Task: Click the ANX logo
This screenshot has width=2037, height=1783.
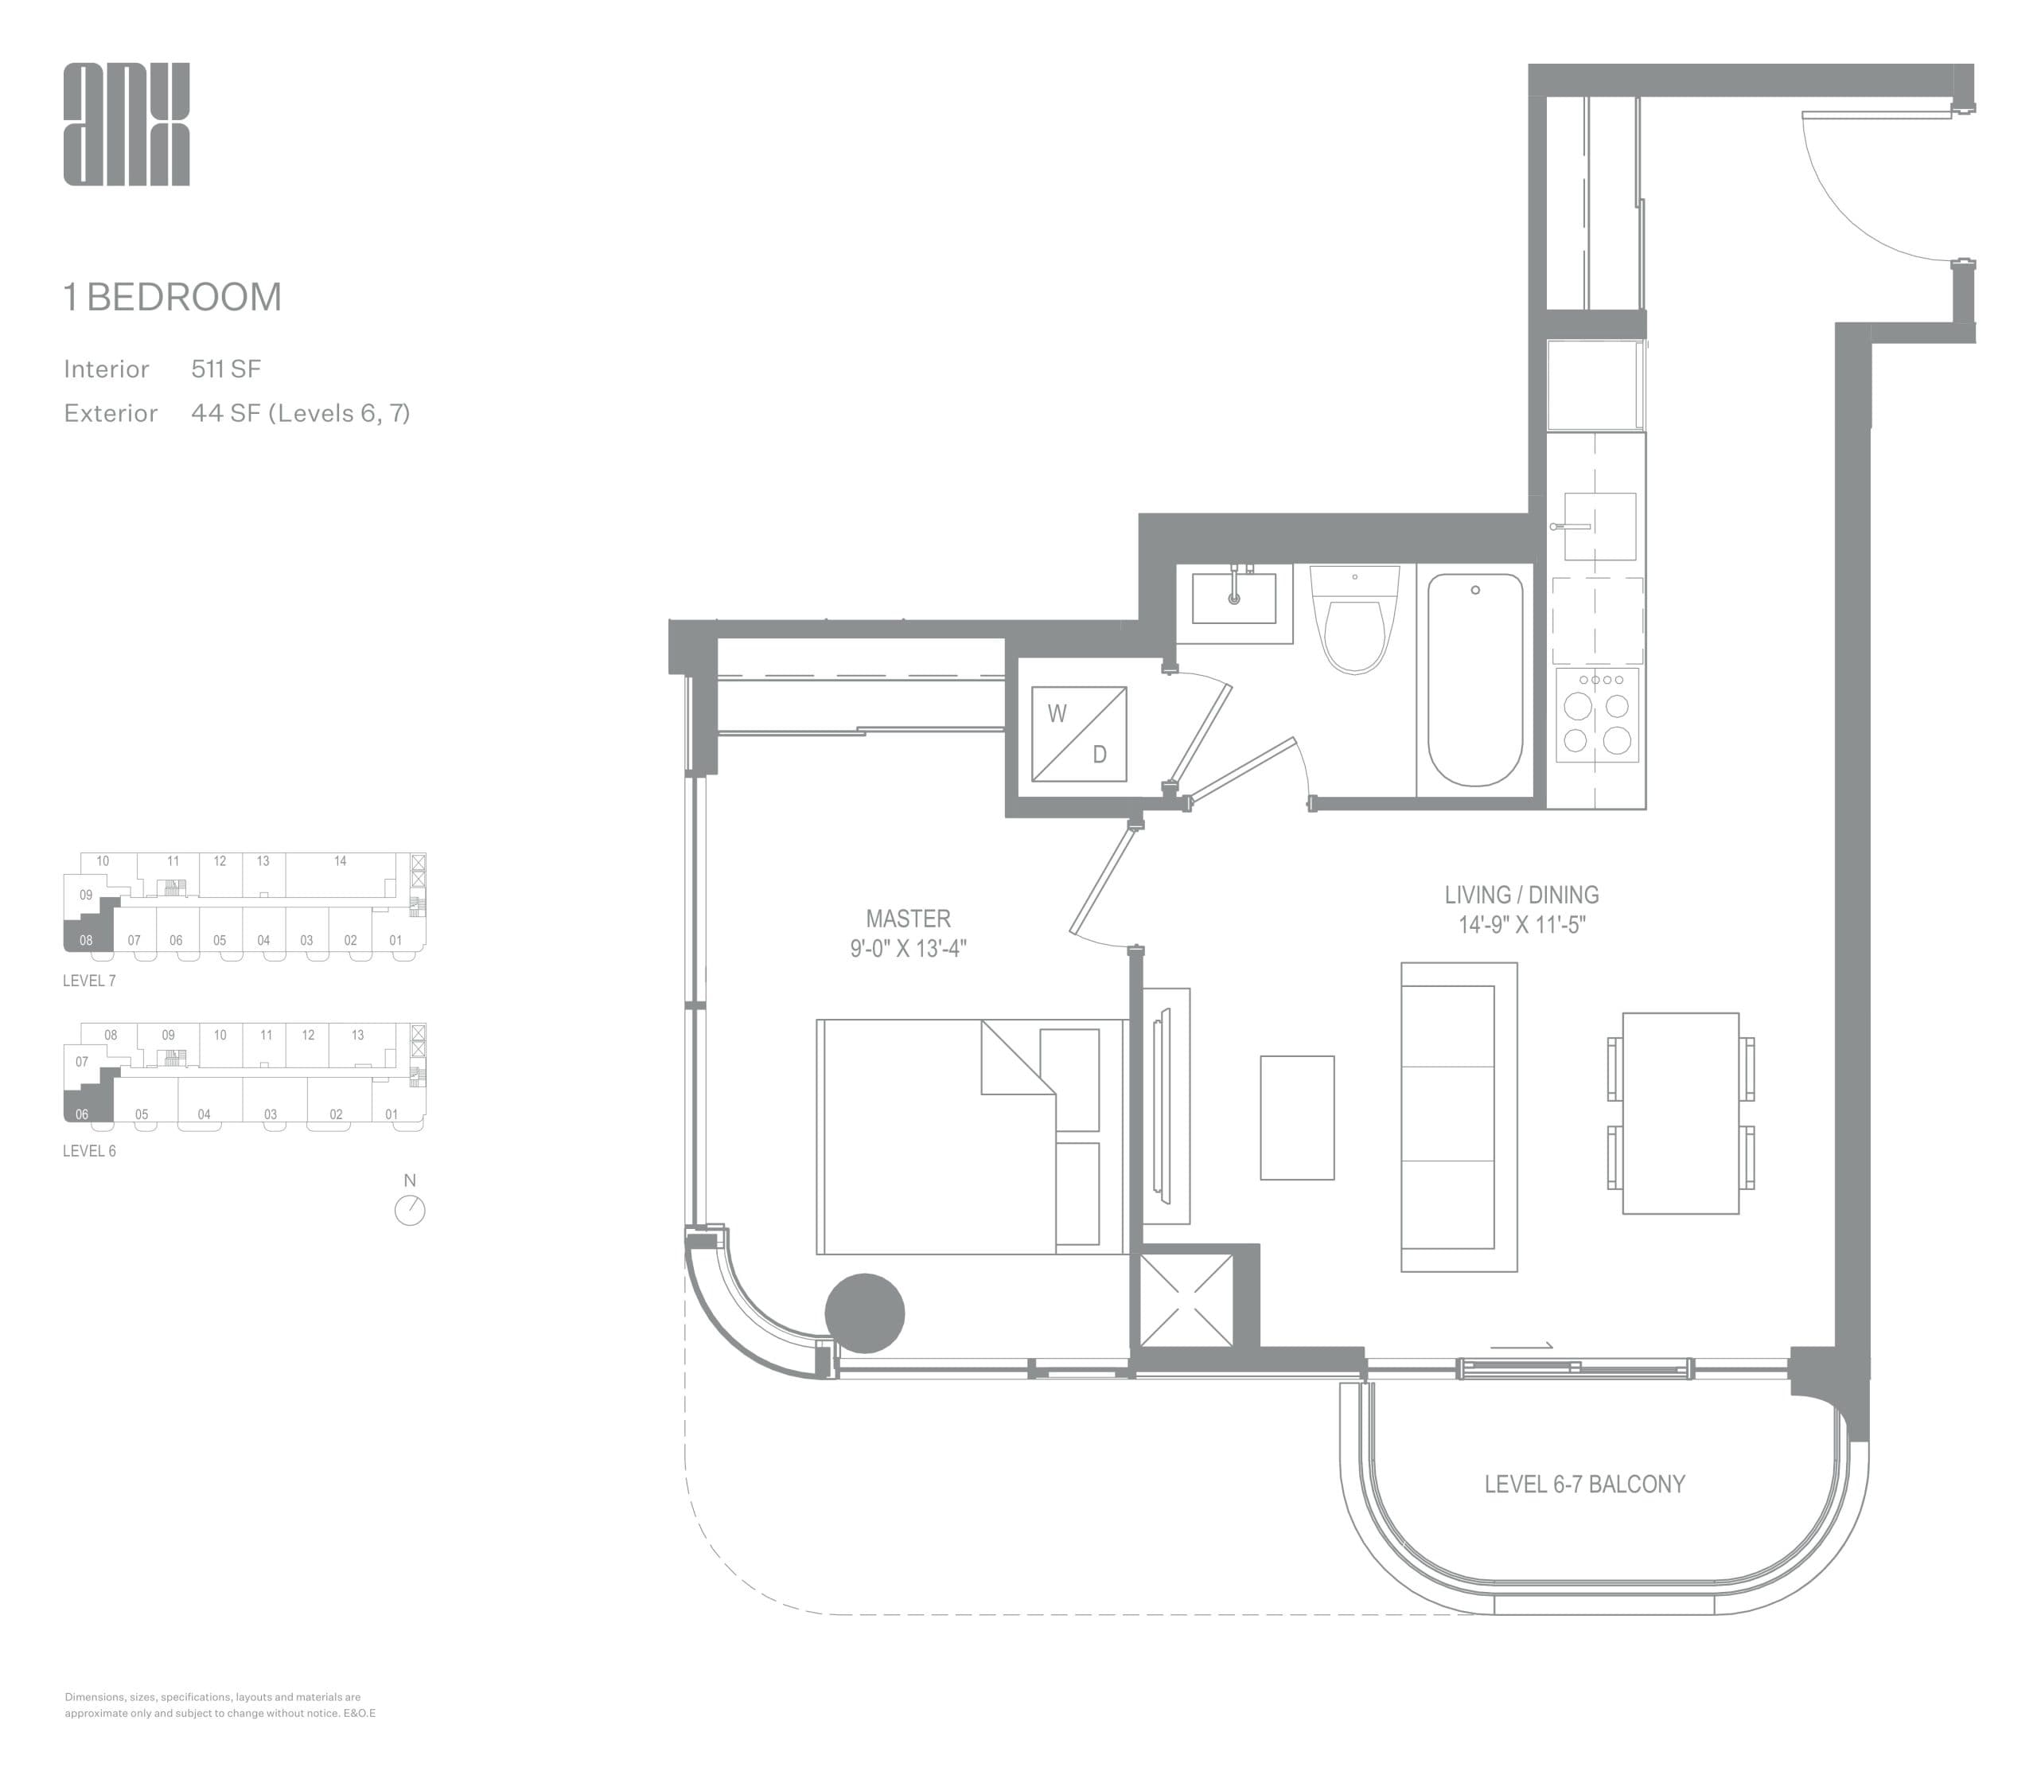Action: pos(127,124)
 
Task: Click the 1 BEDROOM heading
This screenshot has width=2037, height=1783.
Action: pos(173,296)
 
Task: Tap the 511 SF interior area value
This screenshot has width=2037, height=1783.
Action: pos(226,369)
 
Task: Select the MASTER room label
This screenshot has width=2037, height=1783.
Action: pos(907,919)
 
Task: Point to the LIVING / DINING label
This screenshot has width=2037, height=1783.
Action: pos(1521,895)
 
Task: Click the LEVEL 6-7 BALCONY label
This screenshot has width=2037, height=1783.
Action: pos(1583,1485)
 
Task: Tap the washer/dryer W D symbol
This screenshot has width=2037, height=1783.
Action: pos(1078,733)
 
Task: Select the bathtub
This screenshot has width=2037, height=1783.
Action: pos(1475,680)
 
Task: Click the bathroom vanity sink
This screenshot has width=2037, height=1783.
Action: pos(1233,598)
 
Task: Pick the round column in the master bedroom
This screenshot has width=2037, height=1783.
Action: pos(864,1313)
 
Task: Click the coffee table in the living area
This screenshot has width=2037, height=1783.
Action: pos(1297,1118)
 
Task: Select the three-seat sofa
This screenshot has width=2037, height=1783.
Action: pos(1458,1116)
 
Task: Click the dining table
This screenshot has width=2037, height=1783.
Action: pos(1680,1114)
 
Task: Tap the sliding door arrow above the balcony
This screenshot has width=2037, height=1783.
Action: pos(1521,1346)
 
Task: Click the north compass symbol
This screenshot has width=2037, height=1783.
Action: pos(410,1209)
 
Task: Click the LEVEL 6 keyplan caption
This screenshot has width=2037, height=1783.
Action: pos(89,1151)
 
